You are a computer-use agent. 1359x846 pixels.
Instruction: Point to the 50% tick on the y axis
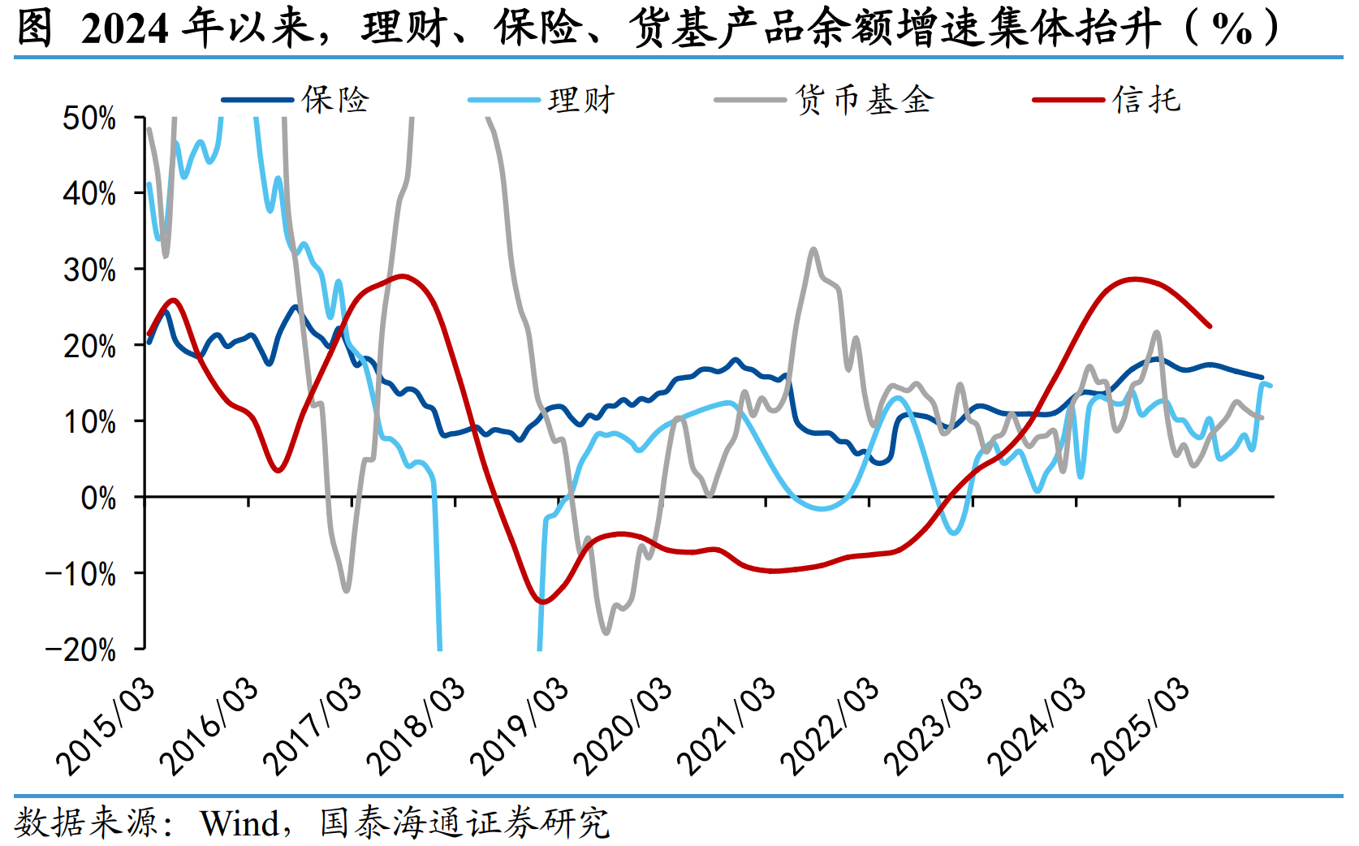[89, 119]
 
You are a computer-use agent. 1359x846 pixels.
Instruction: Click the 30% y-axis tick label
[89, 270]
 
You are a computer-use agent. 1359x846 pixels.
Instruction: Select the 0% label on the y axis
[98, 498]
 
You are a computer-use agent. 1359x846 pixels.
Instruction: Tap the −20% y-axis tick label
[81, 650]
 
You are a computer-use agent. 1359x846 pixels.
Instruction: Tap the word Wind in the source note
[239, 823]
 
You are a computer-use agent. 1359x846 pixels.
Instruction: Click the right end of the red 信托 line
[1210, 326]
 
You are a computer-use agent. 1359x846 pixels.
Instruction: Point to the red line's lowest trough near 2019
[542, 602]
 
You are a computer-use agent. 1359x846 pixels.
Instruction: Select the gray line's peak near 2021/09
[813, 249]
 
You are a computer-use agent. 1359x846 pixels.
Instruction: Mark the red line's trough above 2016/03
[278, 470]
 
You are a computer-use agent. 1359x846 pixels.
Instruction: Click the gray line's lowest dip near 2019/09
[606, 632]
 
